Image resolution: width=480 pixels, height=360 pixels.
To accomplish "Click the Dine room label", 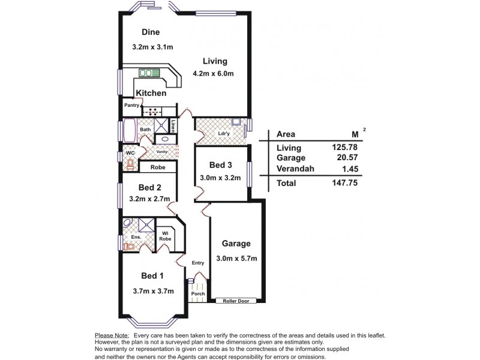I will click(x=151, y=32).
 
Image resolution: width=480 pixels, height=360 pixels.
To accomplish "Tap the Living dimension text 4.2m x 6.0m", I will click(x=213, y=74).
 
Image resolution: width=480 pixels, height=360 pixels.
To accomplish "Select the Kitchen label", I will click(x=151, y=94).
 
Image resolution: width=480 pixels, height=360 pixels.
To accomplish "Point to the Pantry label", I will click(x=131, y=106).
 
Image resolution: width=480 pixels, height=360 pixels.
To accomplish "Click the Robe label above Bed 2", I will click(x=158, y=167).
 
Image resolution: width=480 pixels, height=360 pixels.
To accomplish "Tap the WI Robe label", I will click(x=165, y=236).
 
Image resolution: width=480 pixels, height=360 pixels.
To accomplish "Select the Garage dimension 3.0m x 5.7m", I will click(x=236, y=259).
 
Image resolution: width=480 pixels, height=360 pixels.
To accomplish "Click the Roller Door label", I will click(x=236, y=301).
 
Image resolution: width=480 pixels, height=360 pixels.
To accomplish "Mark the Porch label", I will click(x=197, y=294).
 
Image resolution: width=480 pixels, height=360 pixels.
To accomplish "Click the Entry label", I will click(x=198, y=263).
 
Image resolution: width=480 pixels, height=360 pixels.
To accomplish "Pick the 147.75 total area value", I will click(x=344, y=183).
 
